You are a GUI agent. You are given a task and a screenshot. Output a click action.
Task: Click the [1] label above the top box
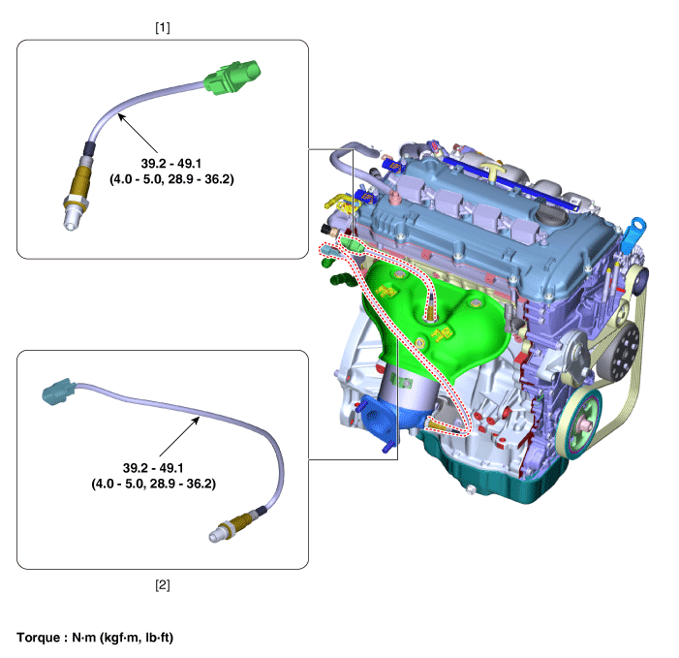coord(163,28)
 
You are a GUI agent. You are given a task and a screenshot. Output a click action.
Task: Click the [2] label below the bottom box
coord(163,584)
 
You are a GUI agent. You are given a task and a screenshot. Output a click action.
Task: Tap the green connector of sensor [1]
coord(232,78)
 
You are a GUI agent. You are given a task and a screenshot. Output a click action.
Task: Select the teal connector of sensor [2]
coord(58,392)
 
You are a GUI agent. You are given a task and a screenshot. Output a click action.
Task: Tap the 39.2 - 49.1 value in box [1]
coord(171,164)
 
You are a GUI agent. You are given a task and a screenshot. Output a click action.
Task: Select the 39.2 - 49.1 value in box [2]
coord(153,468)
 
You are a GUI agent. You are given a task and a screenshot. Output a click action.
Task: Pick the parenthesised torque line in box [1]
coord(171,179)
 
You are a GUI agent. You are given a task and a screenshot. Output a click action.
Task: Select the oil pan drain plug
coord(471,490)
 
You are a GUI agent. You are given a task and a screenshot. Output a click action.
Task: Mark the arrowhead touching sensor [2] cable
coord(196,420)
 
